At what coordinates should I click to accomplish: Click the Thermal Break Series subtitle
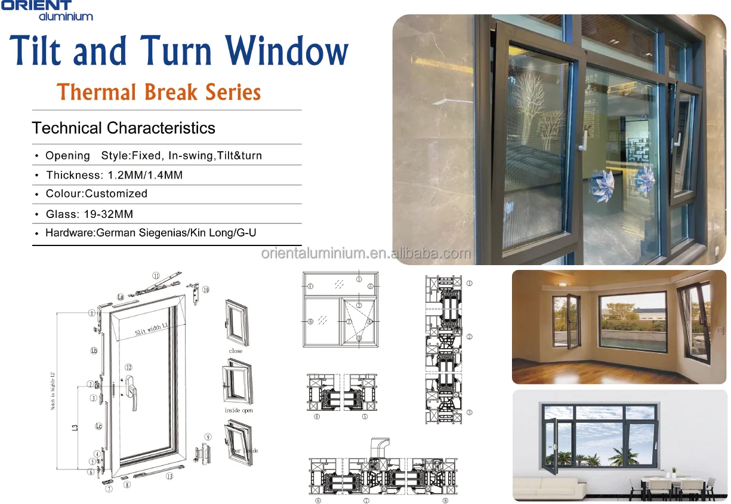coord(159,93)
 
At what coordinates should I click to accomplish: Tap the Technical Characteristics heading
coord(124,128)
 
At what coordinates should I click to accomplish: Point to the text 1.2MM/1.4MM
coord(145,175)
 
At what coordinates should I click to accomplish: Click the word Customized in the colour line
coord(116,193)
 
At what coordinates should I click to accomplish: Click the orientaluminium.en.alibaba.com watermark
coord(366,254)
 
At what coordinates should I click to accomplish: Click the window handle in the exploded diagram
coord(135,391)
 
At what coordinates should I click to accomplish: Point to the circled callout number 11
coord(156,276)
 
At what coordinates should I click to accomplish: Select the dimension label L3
coord(75,428)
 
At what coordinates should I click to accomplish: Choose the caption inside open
coord(239,411)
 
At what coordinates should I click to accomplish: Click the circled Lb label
coord(94,351)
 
